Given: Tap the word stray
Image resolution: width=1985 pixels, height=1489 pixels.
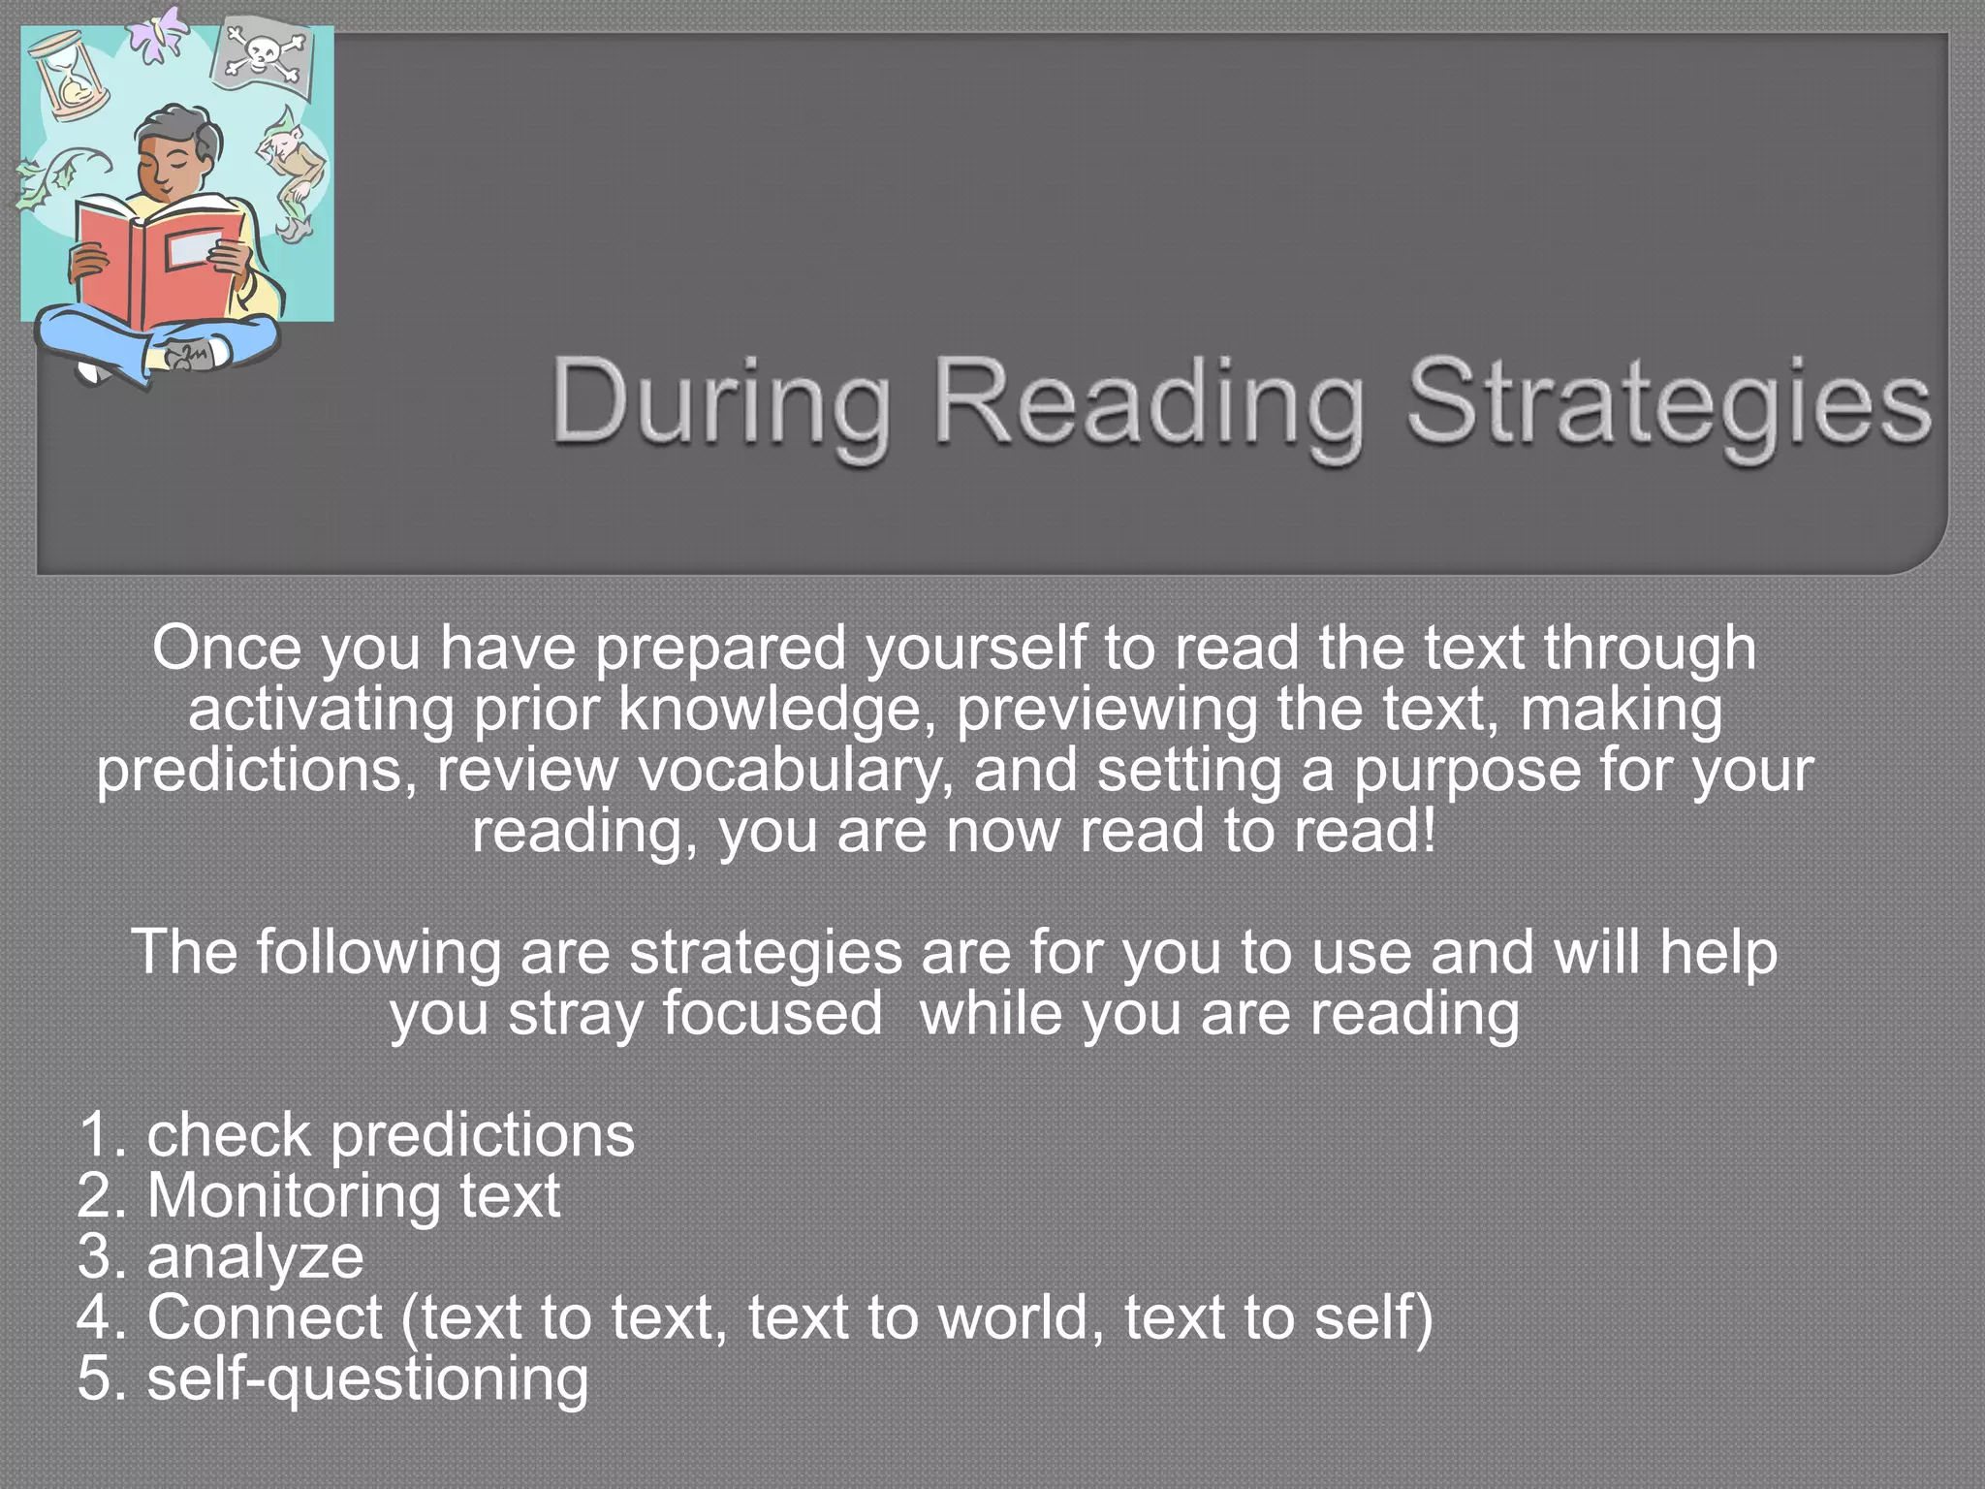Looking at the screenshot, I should pos(576,1014).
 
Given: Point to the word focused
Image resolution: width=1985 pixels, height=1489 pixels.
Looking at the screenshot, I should pos(772,1014).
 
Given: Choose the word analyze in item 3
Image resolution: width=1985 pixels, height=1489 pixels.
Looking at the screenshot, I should pos(255,1257).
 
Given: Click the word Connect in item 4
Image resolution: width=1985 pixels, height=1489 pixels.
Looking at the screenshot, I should pos(265,1317).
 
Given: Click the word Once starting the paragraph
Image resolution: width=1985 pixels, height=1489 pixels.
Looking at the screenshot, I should pos(226,649).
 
